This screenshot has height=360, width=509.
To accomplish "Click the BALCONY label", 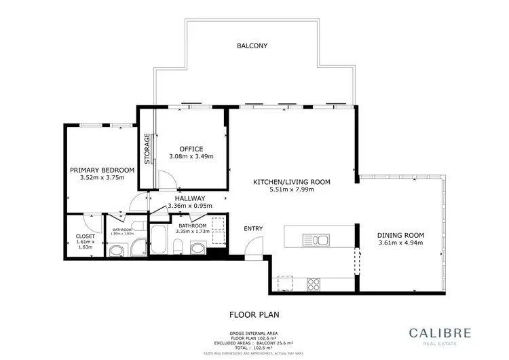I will (252, 46).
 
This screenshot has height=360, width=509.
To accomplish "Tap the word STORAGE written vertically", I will (147, 148).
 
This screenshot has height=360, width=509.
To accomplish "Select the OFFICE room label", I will (191, 149).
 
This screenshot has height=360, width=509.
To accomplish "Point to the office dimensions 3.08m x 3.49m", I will (191, 157).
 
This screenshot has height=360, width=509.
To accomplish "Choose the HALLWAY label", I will (189, 198).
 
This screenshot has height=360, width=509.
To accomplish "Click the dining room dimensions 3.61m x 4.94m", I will (400, 243).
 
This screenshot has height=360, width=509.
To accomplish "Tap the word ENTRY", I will (253, 229).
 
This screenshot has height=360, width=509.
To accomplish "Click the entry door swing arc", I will (250, 252).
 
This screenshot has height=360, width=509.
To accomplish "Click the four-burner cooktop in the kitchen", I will (314, 283).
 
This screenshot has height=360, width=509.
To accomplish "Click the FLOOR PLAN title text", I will (254, 314).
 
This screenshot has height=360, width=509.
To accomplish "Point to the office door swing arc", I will (168, 180).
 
